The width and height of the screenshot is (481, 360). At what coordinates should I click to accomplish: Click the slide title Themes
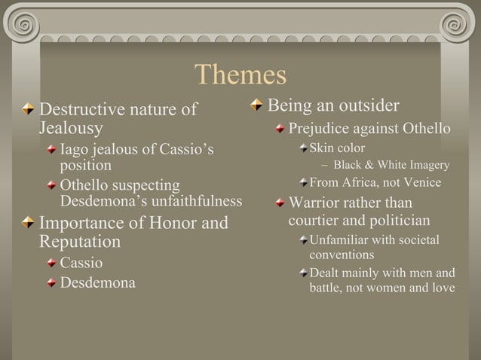point(240,75)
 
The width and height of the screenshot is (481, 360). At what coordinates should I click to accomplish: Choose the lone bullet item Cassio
point(81,264)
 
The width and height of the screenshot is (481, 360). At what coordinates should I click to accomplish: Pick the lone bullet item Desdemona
point(98,284)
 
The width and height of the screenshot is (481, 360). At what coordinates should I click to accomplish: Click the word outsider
point(363,104)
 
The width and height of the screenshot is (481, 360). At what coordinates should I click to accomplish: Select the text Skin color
point(337,148)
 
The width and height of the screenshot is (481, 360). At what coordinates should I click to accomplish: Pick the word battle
point(329,288)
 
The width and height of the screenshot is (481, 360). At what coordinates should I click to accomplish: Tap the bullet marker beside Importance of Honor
point(28,224)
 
